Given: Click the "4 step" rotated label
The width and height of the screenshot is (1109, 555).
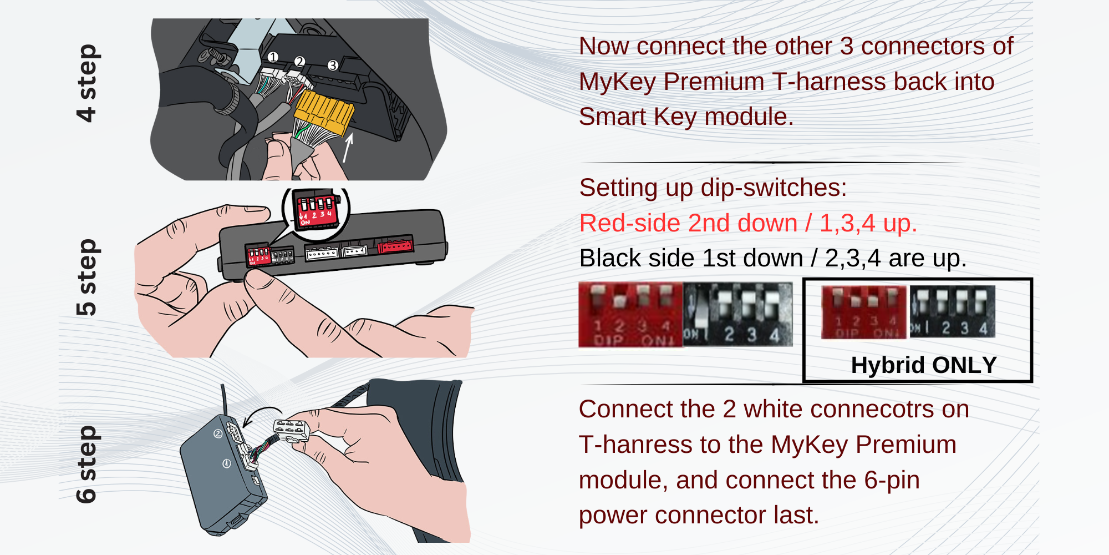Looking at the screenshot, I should coord(87,83).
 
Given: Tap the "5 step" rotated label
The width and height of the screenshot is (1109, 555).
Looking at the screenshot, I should coord(87,277).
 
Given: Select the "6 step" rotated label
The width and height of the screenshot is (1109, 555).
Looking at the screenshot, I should coord(87,465).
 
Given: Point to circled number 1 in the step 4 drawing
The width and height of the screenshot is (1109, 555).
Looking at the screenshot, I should coord(272,57).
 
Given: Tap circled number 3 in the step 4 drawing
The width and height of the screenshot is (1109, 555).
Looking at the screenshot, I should coord(333,65).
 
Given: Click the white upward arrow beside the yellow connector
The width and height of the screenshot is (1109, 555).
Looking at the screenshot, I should coord(348,147).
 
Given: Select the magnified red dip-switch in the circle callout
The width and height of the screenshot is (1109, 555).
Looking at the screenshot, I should coord(316,210).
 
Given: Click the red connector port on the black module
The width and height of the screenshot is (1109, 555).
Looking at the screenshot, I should coord(395,245).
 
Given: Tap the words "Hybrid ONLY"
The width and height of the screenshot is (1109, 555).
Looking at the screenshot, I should coord(924,365).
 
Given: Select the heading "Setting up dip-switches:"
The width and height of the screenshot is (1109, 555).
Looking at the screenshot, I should coord(713,188).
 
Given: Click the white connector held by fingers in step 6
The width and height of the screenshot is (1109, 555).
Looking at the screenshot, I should coord(291,431).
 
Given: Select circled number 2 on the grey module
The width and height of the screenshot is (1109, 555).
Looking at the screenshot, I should coord(218,433).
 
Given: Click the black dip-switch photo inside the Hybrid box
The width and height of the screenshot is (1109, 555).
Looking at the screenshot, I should coord(952,312).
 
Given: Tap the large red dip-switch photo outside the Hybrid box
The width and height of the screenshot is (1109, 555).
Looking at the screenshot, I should coord(630,315).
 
